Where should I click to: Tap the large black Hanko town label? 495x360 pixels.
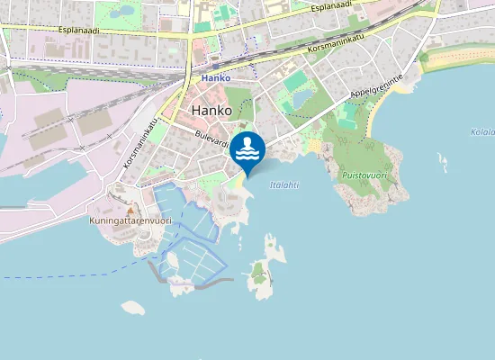pyautogui.click(x=211, y=111)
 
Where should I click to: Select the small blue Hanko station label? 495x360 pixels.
pyautogui.click(x=216, y=77)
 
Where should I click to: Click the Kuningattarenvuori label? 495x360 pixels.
pyautogui.click(x=130, y=220)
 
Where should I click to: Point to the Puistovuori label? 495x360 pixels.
pyautogui.click(x=364, y=175)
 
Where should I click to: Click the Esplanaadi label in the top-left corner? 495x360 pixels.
pyautogui.click(x=78, y=30)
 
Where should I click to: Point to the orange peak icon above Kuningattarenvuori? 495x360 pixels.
pyautogui.click(x=129, y=210)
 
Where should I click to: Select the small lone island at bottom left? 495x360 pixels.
pyautogui.click(x=133, y=308)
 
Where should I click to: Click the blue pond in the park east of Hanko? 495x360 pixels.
pyautogui.click(x=301, y=96)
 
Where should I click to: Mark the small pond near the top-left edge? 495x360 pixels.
pyautogui.click(x=124, y=11)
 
